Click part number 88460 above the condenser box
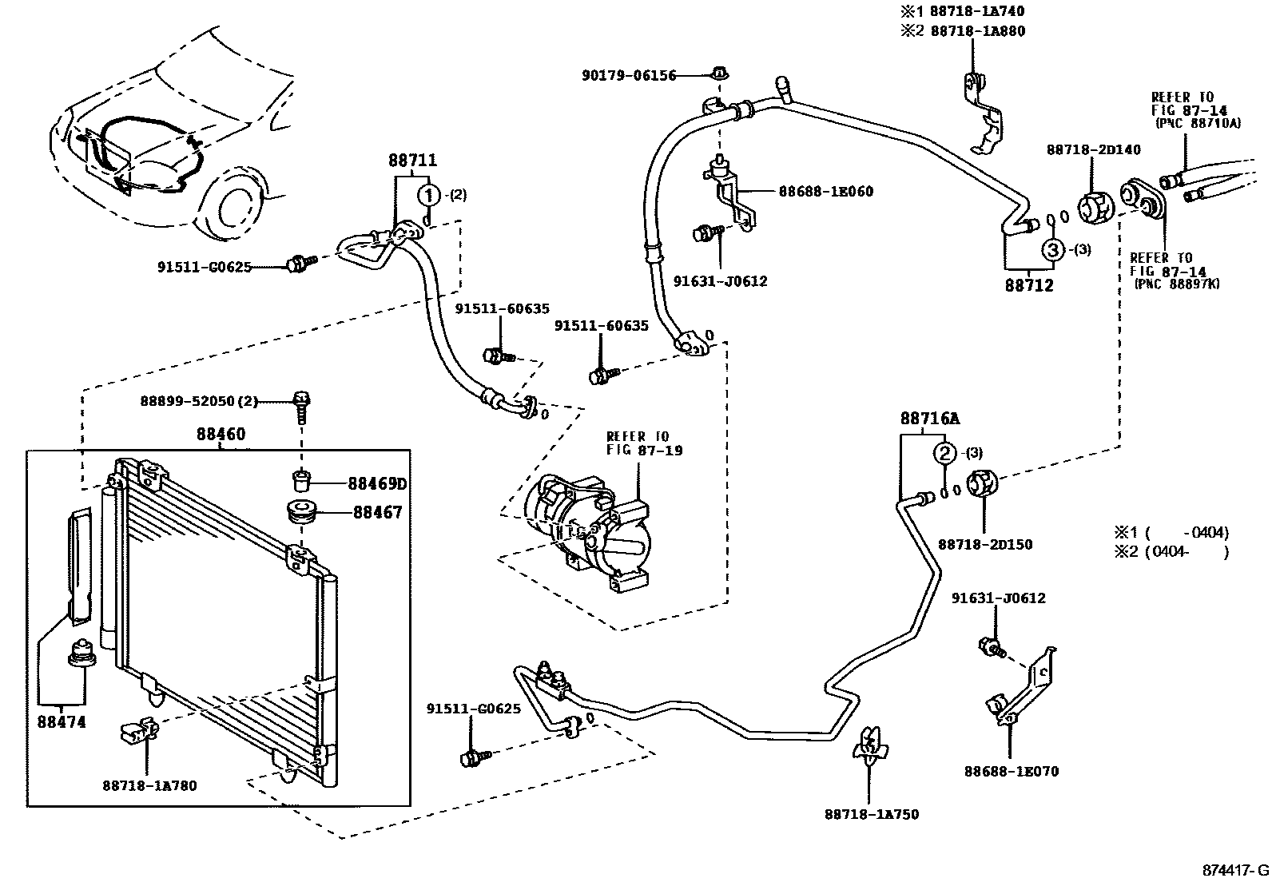pyautogui.click(x=221, y=435)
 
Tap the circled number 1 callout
pyautogui.click(x=429, y=196)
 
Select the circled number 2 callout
pyautogui.click(x=945, y=453)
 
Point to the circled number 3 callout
pyautogui.click(x=1053, y=249)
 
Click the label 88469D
pyautogui.click(x=377, y=484)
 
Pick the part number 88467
pyautogui.click(x=377, y=512)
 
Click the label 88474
pyautogui.click(x=62, y=722)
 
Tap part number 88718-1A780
pyautogui.click(x=149, y=786)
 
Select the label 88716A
pyautogui.click(x=929, y=419)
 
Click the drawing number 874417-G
pyautogui.click(x=1236, y=870)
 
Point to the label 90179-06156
pyautogui.click(x=629, y=76)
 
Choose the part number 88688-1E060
pyautogui.click(x=825, y=192)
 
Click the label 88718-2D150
pyautogui.click(x=985, y=545)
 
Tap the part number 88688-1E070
pyautogui.click(x=1012, y=772)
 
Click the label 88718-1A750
pyautogui.click(x=872, y=814)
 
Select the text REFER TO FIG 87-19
pyautogui.click(x=644, y=443)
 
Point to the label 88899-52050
pyautogui.click(x=187, y=402)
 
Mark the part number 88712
pyautogui.click(x=1029, y=285)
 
